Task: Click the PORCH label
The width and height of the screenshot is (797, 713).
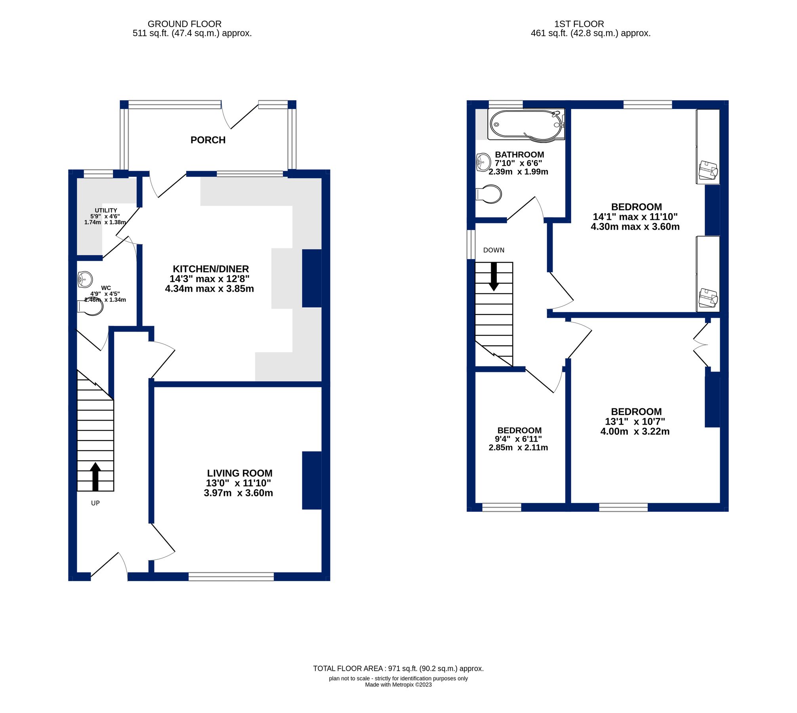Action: click(x=208, y=140)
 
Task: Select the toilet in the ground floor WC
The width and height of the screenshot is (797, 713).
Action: click(x=91, y=307)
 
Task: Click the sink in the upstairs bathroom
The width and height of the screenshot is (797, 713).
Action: click(x=483, y=162)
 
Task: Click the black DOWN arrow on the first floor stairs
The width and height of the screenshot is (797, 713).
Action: click(x=494, y=276)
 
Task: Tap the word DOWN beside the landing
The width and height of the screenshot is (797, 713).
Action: click(x=494, y=250)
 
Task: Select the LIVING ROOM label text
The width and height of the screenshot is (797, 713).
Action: click(x=240, y=473)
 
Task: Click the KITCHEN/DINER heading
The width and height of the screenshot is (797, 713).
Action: click(x=211, y=269)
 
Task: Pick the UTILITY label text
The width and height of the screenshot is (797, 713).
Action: click(x=106, y=211)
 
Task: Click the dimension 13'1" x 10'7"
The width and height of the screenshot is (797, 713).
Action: click(x=635, y=422)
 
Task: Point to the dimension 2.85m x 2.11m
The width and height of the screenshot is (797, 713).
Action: click(x=518, y=448)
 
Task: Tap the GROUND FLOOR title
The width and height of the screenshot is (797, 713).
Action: click(x=185, y=24)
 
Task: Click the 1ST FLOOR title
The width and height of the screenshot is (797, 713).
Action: click(x=579, y=24)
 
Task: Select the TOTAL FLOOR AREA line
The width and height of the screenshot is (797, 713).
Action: click(x=398, y=669)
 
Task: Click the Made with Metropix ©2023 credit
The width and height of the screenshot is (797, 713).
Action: click(x=398, y=684)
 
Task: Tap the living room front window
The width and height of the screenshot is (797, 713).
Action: click(x=231, y=577)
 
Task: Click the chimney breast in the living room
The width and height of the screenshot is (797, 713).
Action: click(x=312, y=480)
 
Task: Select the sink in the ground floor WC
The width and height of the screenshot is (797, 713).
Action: click(x=85, y=279)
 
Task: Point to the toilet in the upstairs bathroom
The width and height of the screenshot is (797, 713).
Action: click(x=489, y=194)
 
